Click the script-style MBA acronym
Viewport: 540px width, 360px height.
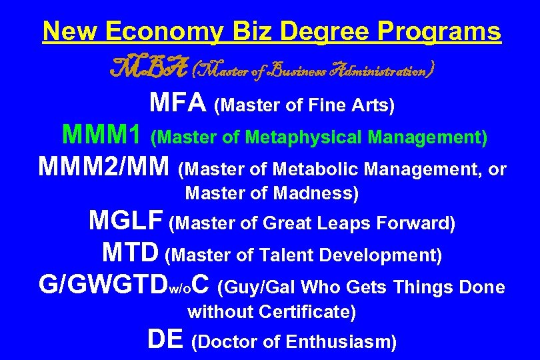click(137, 68)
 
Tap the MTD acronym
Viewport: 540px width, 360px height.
click(131, 253)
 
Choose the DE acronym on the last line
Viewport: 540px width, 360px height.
click(165, 339)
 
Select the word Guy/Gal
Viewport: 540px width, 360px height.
click(259, 288)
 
